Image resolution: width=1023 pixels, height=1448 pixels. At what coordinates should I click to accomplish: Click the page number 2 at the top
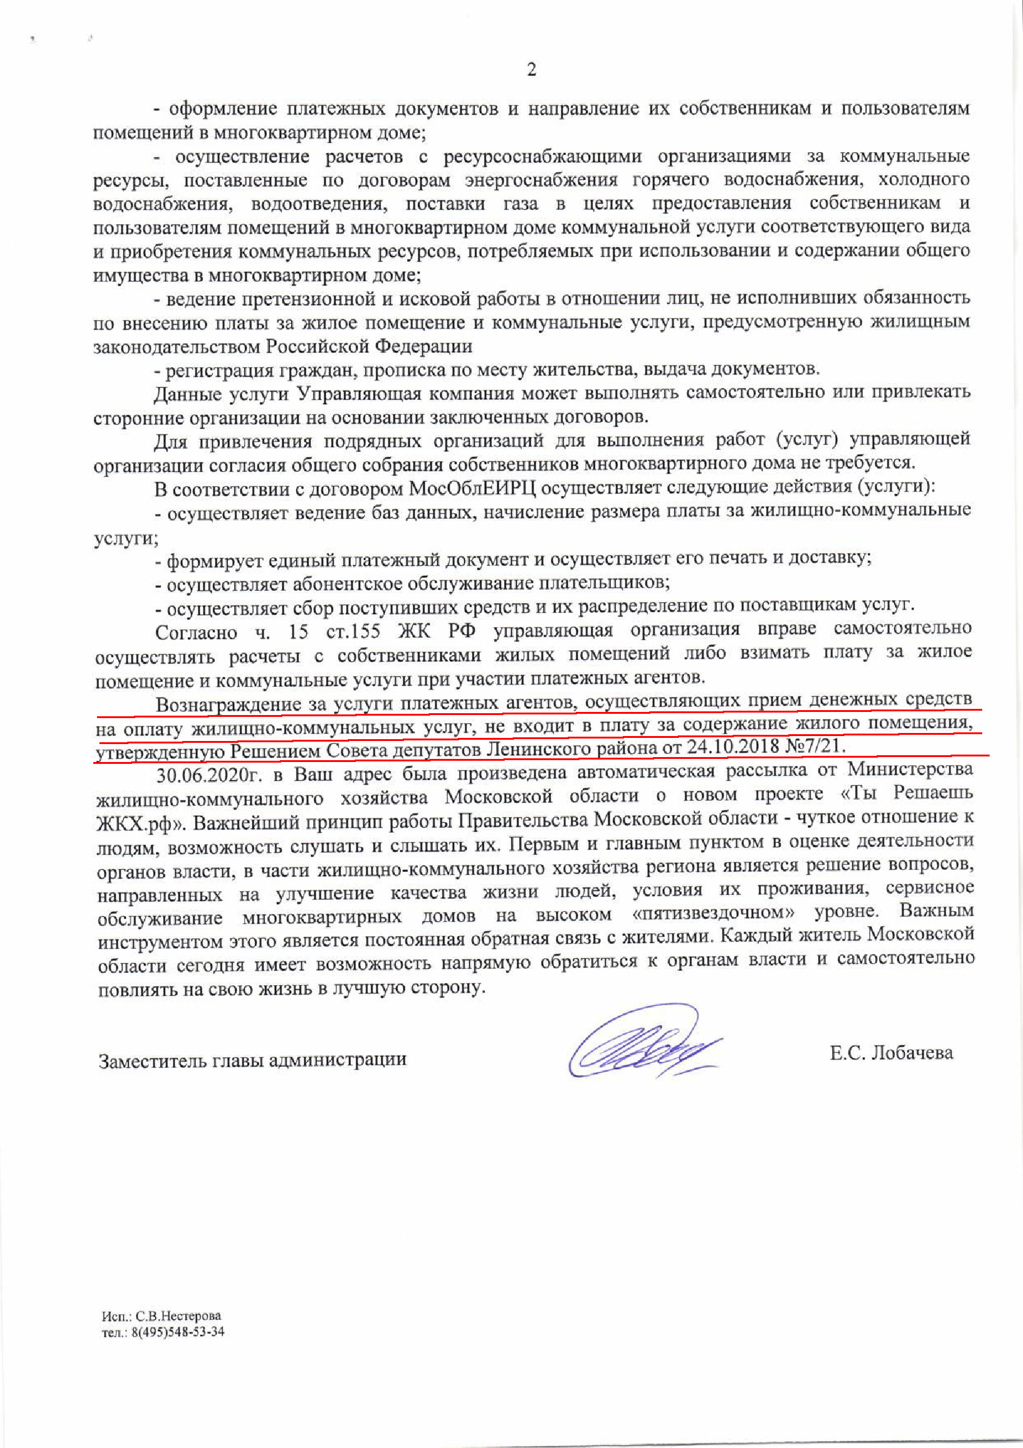pyautogui.click(x=531, y=69)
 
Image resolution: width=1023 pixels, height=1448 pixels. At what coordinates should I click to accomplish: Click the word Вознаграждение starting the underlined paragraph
pyautogui.click(x=227, y=704)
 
